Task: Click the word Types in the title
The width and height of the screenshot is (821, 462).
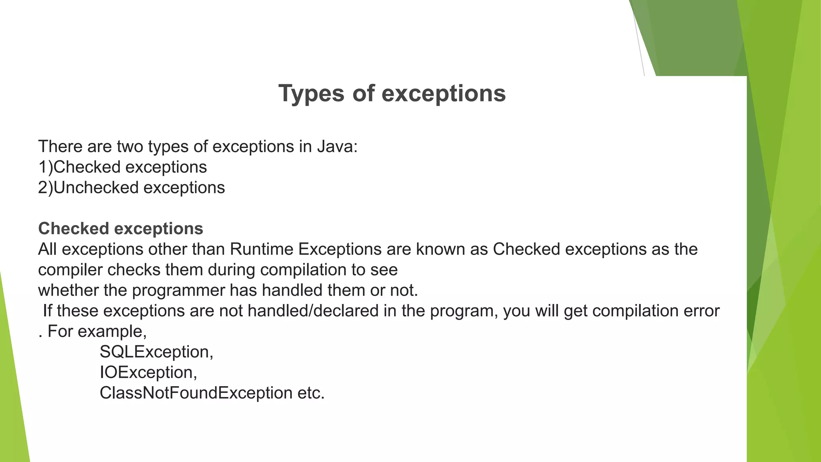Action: click(311, 94)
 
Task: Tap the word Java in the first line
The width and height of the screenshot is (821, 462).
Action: click(337, 147)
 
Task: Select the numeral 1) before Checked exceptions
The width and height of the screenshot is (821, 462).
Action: click(45, 167)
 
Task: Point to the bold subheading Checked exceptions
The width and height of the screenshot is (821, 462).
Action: click(121, 229)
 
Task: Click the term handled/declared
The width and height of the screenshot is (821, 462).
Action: click(313, 311)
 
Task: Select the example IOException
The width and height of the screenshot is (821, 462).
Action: click(148, 373)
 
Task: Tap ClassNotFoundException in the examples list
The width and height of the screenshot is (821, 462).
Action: click(196, 393)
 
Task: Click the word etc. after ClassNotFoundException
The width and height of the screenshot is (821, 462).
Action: click(311, 393)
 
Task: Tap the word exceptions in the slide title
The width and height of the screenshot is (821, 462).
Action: click(443, 94)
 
